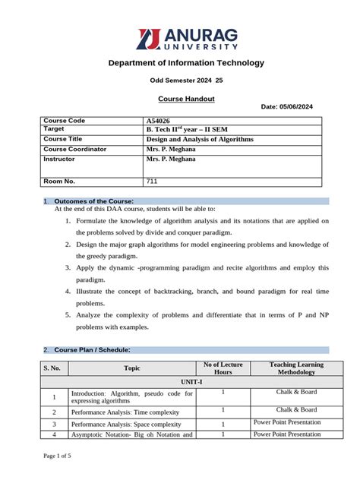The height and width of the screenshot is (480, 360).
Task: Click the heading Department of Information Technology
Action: pos(185,63)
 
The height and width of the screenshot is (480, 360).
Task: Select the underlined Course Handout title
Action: pos(185,99)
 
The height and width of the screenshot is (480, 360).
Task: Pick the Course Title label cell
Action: pos(65,140)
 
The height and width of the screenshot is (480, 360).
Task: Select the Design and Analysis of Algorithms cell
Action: pos(200,140)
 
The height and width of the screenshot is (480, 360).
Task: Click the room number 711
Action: pos(152,182)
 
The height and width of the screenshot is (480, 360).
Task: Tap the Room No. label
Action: pos(59,182)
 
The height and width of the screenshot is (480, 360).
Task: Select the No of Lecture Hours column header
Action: pos(223,368)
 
